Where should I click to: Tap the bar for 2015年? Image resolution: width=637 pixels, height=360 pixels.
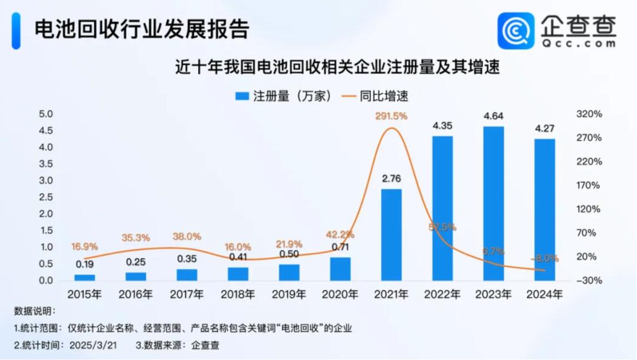tap(84, 277)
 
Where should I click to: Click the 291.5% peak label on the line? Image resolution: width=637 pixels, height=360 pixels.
tap(391, 116)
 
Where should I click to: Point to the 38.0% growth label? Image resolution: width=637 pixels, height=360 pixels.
tap(186, 236)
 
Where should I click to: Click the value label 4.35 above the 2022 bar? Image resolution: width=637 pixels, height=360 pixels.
tap(442, 126)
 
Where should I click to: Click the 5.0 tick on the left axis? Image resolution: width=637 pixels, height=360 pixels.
tap(45, 114)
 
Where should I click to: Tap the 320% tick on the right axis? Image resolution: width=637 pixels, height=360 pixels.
tap(589, 114)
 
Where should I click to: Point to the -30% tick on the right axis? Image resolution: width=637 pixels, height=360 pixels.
tap(588, 280)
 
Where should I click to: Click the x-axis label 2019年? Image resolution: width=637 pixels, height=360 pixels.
tap(289, 294)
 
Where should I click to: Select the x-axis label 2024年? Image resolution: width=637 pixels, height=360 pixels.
tap(544, 294)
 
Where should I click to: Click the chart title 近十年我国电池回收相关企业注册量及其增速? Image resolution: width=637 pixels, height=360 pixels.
tap(337, 68)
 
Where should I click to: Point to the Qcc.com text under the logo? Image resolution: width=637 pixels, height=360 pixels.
tap(579, 43)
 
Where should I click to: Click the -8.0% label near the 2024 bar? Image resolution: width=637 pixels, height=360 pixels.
tap(544, 258)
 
